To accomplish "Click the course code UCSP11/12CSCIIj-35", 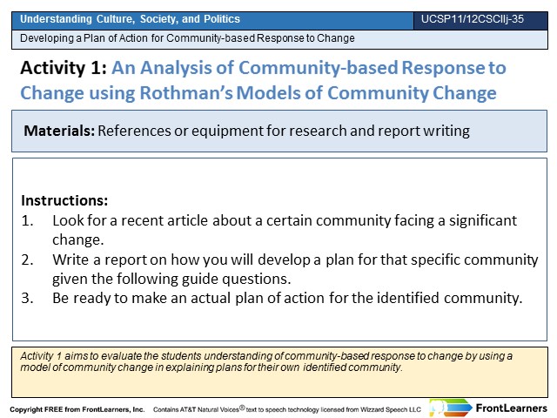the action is click(x=473, y=19).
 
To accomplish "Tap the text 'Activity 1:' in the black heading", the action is click(x=64, y=68).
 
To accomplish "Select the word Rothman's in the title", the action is click(x=186, y=93).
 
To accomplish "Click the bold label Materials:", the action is click(x=59, y=131).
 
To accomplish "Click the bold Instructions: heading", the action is click(x=64, y=200).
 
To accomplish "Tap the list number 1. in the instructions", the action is click(x=27, y=220).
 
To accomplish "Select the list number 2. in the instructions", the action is click(x=27, y=260).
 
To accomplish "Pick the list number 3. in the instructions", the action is click(x=27, y=298).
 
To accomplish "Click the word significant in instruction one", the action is click(x=483, y=220).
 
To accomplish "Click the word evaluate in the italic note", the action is click(x=122, y=356).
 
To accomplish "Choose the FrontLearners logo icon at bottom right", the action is click(x=451, y=408).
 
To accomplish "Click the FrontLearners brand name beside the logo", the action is click(x=512, y=408).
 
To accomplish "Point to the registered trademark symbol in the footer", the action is click(x=242, y=408).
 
